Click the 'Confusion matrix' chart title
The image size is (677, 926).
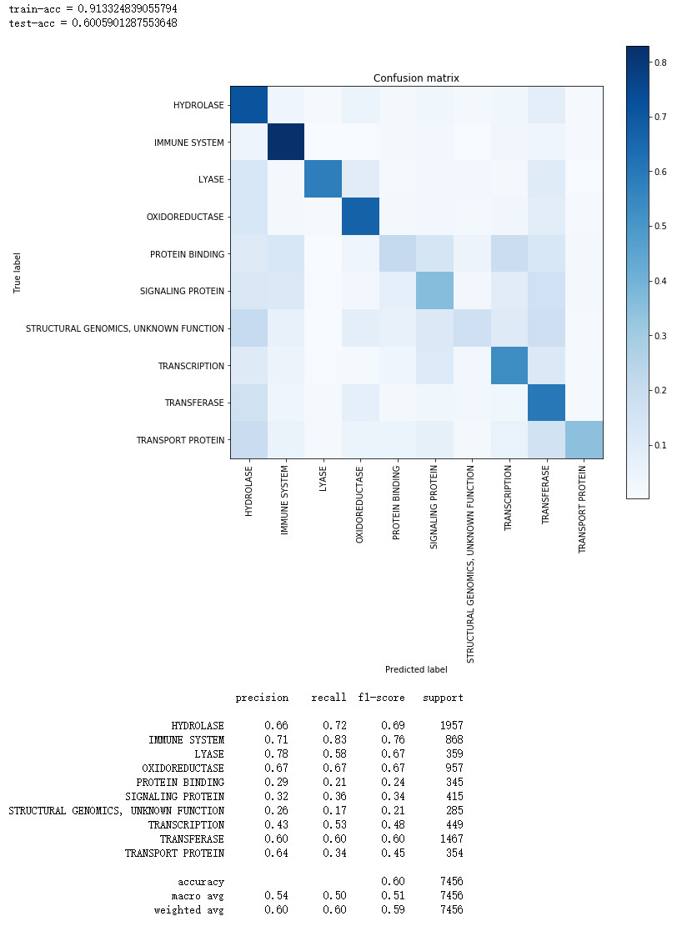click(416, 78)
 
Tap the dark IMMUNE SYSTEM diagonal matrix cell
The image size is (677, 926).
click(285, 142)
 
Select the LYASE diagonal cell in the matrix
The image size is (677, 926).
click(323, 179)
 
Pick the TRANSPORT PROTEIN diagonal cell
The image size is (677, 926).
click(584, 439)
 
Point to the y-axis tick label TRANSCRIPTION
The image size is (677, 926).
click(191, 366)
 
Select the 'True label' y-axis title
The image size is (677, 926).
click(17, 272)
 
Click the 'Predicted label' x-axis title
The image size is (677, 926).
click(416, 669)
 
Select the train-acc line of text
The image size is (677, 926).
click(93, 8)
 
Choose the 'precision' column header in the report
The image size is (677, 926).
click(262, 698)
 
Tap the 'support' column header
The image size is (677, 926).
click(443, 698)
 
